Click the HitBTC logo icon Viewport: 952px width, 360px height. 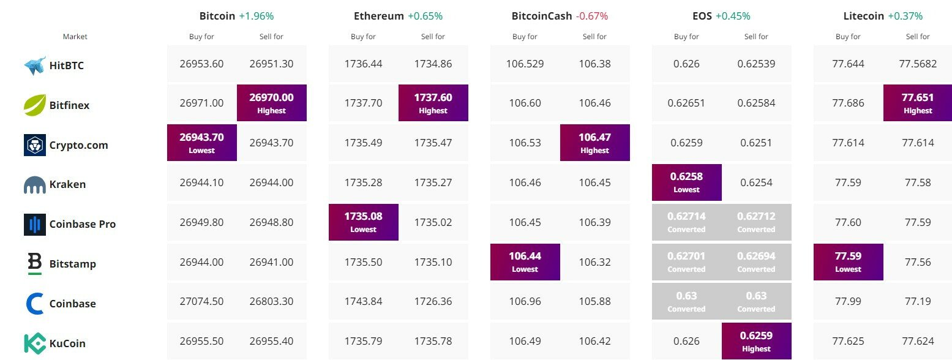35,66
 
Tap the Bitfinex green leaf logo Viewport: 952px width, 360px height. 35,105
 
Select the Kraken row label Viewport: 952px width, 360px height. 67,184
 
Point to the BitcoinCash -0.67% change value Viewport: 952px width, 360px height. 591,16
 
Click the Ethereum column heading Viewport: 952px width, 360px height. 379,16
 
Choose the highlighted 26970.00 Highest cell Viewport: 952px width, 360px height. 271,103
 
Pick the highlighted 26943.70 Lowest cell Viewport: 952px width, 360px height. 201,143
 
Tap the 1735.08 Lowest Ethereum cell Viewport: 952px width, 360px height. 363,222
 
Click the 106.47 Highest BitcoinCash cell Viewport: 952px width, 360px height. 594,143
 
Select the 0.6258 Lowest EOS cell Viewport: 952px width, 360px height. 686,182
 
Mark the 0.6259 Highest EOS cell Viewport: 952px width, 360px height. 756,341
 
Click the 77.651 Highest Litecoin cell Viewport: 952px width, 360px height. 918,103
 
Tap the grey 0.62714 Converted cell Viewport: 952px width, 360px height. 686,222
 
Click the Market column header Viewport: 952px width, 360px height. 75,37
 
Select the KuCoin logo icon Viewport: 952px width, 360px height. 35,343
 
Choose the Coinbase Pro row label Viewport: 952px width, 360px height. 82,224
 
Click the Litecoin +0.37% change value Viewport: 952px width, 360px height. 905,16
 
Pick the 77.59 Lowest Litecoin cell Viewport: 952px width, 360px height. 848,262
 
